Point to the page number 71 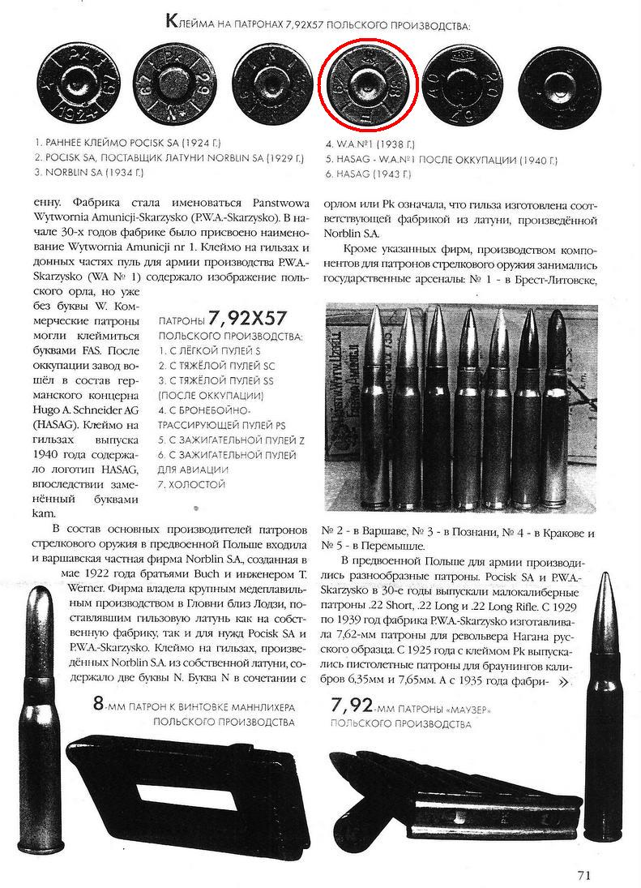click(x=585, y=874)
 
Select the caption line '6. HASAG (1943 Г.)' click(x=368, y=174)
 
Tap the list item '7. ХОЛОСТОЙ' click(x=191, y=484)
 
